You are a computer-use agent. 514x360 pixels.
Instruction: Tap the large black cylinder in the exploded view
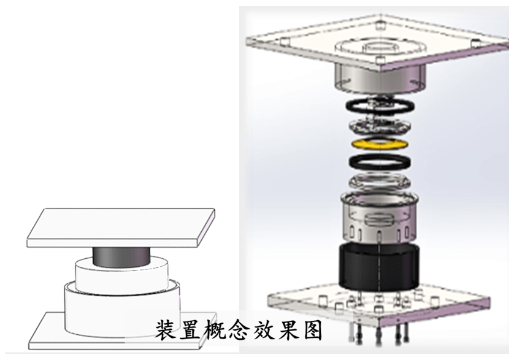(x=378, y=267)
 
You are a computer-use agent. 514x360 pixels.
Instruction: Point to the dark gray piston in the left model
(x=121, y=256)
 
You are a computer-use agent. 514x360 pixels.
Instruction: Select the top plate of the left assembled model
(x=121, y=228)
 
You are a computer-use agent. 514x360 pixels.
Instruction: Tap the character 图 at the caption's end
(x=311, y=329)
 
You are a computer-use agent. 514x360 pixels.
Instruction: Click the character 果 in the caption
(x=287, y=329)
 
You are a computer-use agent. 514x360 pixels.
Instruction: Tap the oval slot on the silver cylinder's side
(x=380, y=219)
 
